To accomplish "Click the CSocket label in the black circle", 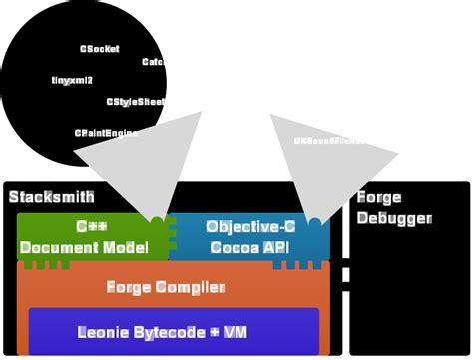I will (99, 49).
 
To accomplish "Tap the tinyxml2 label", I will (72, 80).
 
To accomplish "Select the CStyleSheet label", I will (135, 102).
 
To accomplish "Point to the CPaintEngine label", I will (106, 133).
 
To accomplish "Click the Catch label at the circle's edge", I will (153, 62).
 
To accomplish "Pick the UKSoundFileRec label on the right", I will (329, 141).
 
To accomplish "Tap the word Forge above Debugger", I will (379, 197).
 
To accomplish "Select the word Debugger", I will (394, 218).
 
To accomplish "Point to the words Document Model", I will (84, 247).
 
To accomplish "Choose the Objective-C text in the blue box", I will (250, 226).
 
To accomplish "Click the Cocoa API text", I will (248, 247).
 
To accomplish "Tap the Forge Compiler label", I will (166, 288).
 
